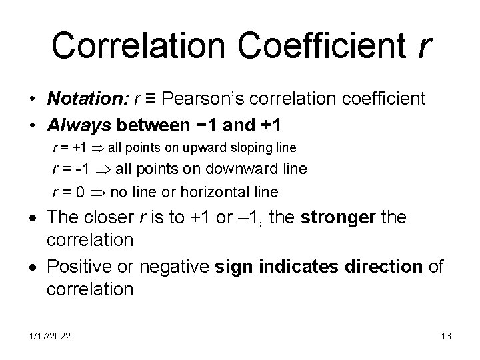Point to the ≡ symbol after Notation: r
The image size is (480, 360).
150,100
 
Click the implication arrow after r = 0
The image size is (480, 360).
98,193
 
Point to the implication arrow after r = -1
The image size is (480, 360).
105,169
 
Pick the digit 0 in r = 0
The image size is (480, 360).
80,193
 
